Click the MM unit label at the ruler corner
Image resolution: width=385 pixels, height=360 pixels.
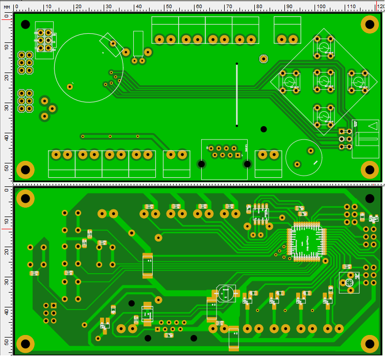(x=7, y=7)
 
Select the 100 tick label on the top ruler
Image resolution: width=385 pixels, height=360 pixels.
(x=320, y=6)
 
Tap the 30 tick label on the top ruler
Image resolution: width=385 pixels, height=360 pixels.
(x=108, y=6)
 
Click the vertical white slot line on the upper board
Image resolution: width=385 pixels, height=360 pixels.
(x=236, y=94)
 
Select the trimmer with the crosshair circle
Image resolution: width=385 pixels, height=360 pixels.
(x=350, y=282)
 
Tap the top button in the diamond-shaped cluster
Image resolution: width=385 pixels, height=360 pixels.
(x=323, y=46)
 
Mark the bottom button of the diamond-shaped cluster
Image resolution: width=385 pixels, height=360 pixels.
(x=323, y=115)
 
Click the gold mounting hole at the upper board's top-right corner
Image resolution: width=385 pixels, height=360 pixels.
(x=370, y=25)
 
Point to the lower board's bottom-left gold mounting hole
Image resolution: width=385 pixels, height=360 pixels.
(x=25, y=343)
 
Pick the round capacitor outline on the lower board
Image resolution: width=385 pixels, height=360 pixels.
(x=226, y=293)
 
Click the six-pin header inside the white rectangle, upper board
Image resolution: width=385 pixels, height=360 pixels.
(x=44, y=40)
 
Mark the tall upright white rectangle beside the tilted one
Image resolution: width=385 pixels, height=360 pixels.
(x=138, y=43)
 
